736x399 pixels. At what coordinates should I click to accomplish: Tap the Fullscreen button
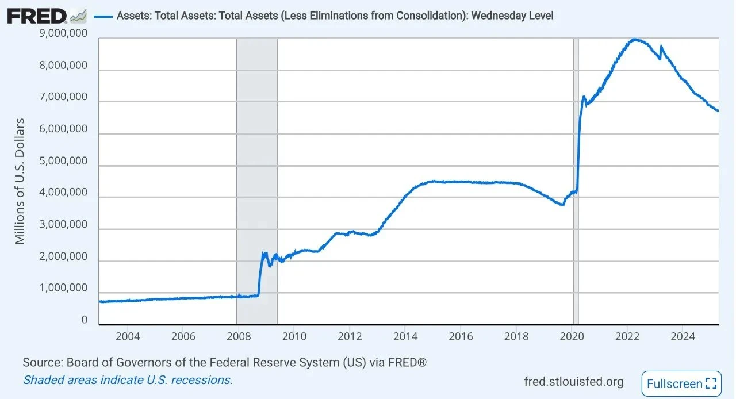point(681,383)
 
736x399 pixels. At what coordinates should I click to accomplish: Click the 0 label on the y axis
point(84,320)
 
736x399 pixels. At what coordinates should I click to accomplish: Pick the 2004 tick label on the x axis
point(127,336)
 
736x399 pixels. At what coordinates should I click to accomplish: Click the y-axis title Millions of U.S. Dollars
point(20,181)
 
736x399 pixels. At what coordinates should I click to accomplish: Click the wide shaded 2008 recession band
point(257,172)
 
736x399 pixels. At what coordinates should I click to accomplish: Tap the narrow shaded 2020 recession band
point(576,172)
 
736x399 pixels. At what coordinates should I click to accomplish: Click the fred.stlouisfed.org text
point(574,382)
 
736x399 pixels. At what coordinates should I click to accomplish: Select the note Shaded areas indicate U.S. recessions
point(128,380)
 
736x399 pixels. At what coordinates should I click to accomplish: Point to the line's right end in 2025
point(718,111)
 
